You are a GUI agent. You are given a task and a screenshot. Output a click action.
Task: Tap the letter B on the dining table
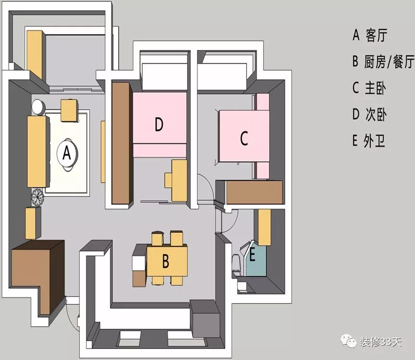pos(165,262)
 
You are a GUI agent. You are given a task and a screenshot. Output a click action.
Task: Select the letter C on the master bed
pos(244,139)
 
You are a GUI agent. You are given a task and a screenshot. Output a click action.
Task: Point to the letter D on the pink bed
pos(159,125)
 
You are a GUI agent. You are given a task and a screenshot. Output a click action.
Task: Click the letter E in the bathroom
pos(252,255)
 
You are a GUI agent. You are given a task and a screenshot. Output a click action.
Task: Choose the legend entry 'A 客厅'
pos(369,35)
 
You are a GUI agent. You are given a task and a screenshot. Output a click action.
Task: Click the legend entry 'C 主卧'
pos(369,88)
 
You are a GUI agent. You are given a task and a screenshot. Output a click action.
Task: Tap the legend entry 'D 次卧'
pos(369,115)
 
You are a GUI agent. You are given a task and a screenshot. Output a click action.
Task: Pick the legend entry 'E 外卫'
pos(368,141)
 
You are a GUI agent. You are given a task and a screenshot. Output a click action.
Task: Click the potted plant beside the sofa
pos(37,196)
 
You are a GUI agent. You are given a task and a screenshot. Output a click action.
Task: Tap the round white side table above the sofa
pos(38,106)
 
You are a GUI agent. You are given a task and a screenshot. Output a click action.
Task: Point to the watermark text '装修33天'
pos(380,342)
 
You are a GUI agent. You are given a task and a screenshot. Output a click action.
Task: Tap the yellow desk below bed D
pos(176,180)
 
